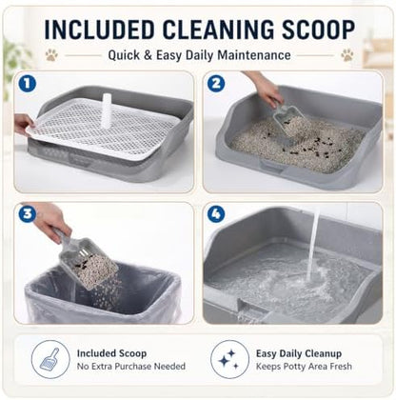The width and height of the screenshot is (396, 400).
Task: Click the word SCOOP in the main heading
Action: (x=318, y=30)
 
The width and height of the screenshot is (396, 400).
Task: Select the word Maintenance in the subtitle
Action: (x=254, y=55)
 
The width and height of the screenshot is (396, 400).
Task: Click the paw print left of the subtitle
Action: (x=51, y=55)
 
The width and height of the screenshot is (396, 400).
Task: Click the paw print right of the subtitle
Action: (x=347, y=55)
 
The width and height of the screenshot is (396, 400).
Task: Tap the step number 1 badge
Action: (x=28, y=84)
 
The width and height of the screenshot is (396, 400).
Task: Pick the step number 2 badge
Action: (x=216, y=84)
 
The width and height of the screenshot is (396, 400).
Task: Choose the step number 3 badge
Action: (x=28, y=213)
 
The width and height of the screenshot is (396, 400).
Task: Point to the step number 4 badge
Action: (x=216, y=213)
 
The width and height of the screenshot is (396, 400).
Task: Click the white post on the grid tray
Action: (x=106, y=110)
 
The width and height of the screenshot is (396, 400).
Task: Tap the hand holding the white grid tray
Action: (x=23, y=124)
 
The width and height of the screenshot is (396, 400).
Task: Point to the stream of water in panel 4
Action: (x=313, y=245)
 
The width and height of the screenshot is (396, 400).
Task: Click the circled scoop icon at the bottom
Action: (x=50, y=359)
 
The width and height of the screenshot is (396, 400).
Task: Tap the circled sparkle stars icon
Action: (x=229, y=359)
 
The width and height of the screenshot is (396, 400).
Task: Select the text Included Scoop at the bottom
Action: (x=111, y=353)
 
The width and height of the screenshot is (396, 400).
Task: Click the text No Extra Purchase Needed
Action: (x=131, y=367)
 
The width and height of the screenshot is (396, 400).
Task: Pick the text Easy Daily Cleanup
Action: (x=299, y=353)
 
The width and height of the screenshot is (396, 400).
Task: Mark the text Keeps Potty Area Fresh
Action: (x=304, y=367)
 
